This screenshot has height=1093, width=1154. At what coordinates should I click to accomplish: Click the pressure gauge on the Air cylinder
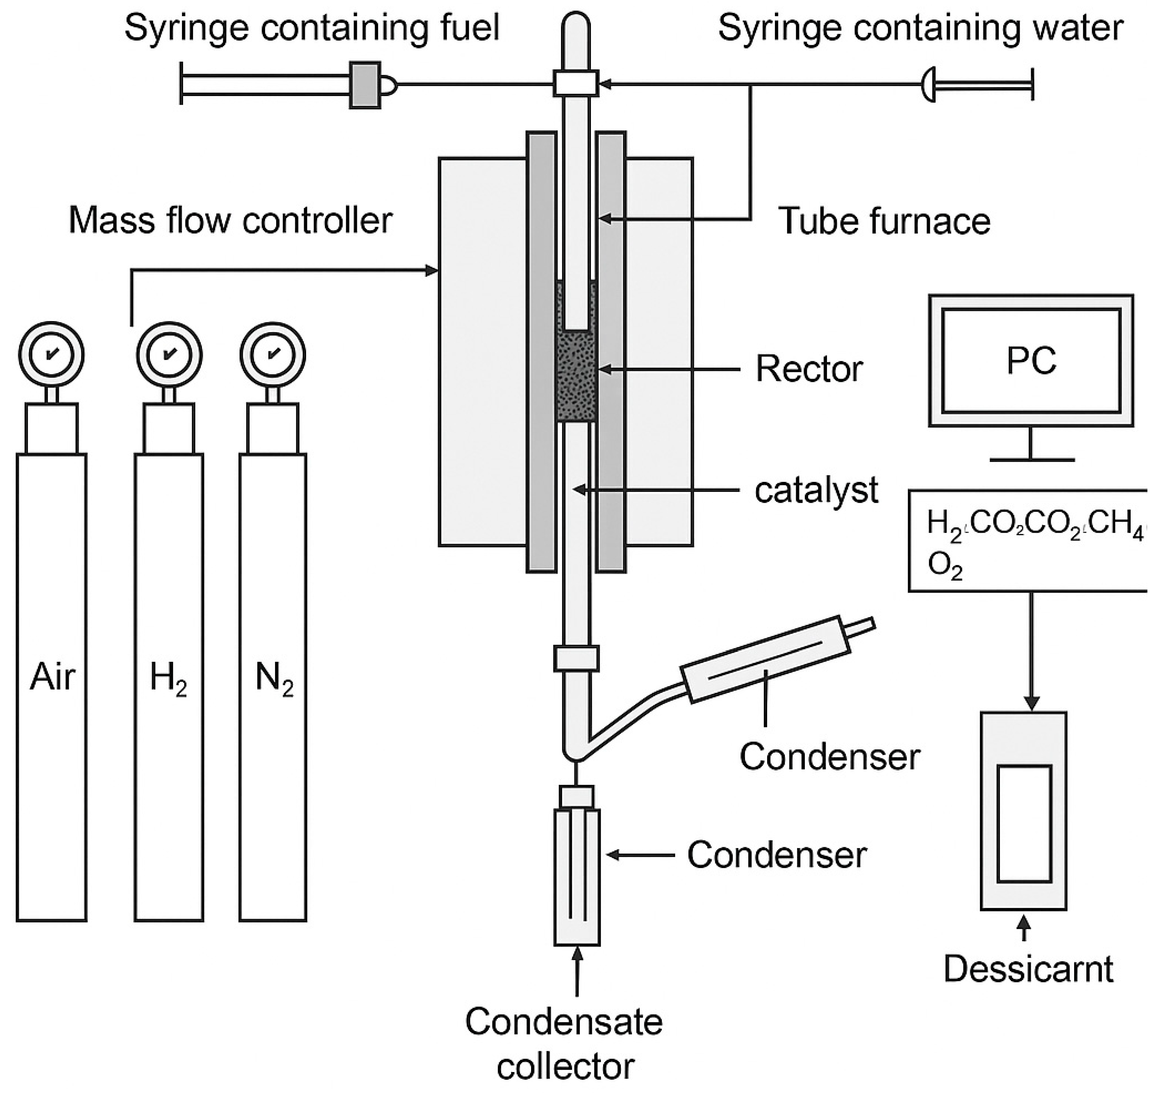(x=51, y=354)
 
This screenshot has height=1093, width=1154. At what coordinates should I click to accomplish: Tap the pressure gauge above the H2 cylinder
(x=169, y=354)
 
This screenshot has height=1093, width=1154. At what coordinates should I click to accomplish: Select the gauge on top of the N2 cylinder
(x=273, y=354)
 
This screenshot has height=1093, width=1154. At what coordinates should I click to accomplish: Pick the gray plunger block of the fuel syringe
(x=365, y=85)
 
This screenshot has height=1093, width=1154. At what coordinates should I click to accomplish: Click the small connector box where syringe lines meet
(x=576, y=83)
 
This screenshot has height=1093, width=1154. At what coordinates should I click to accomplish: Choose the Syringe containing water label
(x=920, y=28)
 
